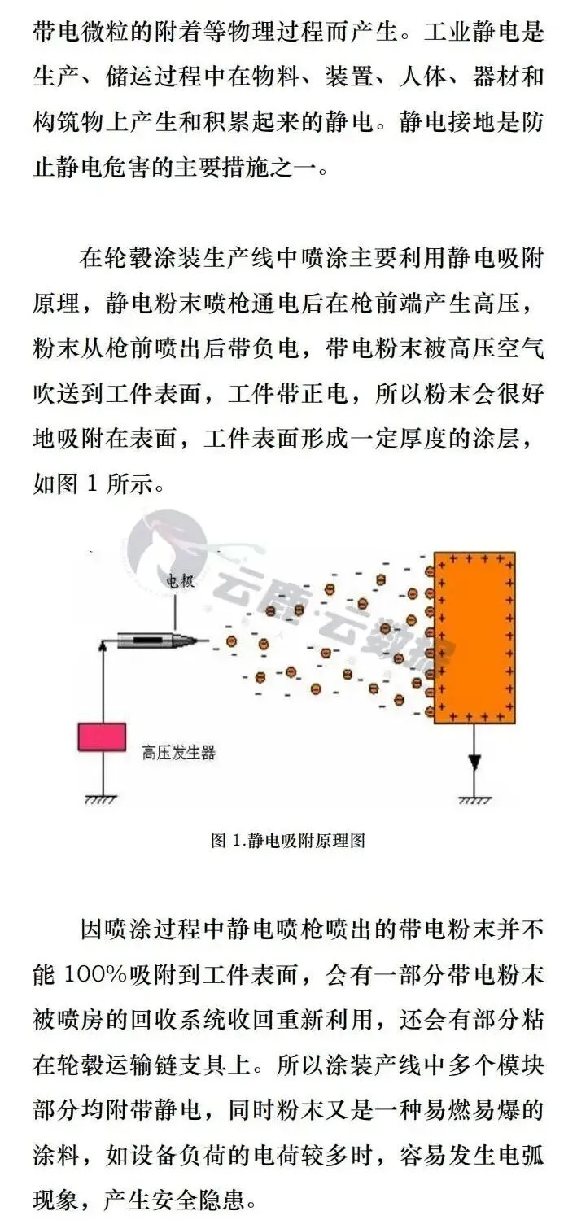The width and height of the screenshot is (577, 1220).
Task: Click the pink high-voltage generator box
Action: click(102, 737)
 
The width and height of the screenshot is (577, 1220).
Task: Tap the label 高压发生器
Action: click(179, 753)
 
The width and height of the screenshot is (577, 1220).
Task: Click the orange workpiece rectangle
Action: click(474, 637)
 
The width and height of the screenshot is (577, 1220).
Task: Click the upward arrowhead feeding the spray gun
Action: click(103, 645)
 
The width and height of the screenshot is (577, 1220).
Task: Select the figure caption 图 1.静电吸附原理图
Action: click(287, 841)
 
